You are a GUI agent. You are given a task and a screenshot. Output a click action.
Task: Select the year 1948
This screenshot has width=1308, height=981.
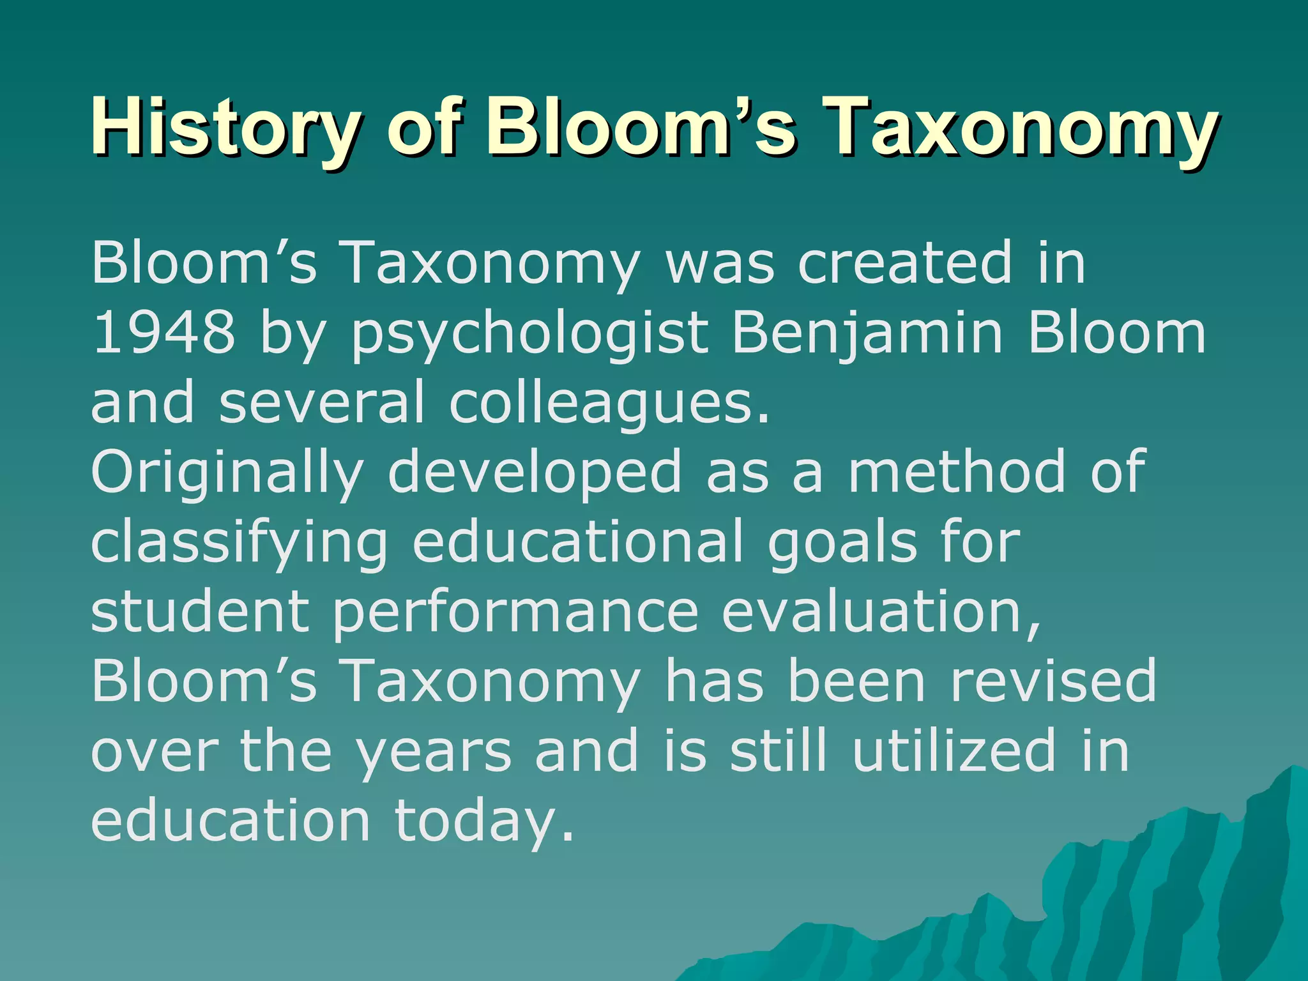163,333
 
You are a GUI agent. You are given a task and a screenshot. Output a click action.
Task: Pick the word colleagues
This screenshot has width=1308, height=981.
609,403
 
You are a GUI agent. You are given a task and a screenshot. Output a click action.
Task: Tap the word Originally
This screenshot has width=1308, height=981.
227,473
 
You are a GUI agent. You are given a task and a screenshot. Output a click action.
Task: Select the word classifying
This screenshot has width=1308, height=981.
240,542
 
